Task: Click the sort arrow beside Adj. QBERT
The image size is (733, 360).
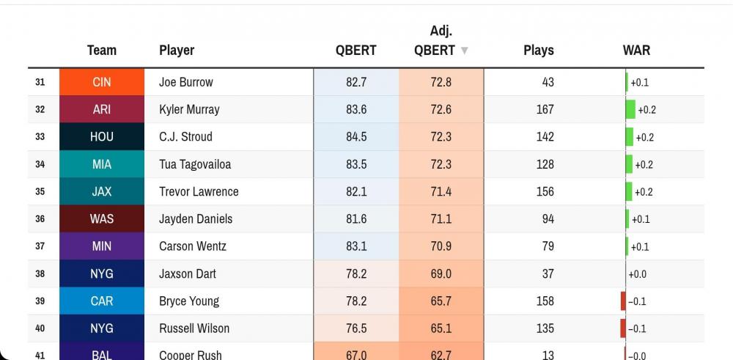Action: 464,51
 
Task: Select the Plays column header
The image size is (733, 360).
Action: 538,51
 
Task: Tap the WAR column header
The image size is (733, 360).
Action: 636,51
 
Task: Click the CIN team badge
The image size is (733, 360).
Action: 102,82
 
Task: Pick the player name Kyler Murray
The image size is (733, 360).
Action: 189,109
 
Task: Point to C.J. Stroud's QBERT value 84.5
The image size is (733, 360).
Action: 356,137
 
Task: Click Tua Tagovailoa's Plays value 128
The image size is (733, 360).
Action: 545,164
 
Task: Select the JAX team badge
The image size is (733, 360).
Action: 102,191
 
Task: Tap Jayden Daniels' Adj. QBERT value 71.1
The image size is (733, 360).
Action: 441,219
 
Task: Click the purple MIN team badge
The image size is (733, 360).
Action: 102,246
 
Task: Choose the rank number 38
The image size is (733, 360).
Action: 40,273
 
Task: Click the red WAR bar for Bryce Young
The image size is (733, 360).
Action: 623,301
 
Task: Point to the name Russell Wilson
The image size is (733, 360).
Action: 194,328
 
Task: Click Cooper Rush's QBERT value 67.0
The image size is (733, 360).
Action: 356,355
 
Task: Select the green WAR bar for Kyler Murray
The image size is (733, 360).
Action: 630,109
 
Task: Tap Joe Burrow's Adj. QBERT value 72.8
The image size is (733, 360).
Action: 441,82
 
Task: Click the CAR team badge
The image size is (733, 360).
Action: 102,301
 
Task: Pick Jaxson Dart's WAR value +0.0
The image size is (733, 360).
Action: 637,274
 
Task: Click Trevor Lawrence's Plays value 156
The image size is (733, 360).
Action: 545,191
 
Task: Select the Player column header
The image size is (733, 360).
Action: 177,51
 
